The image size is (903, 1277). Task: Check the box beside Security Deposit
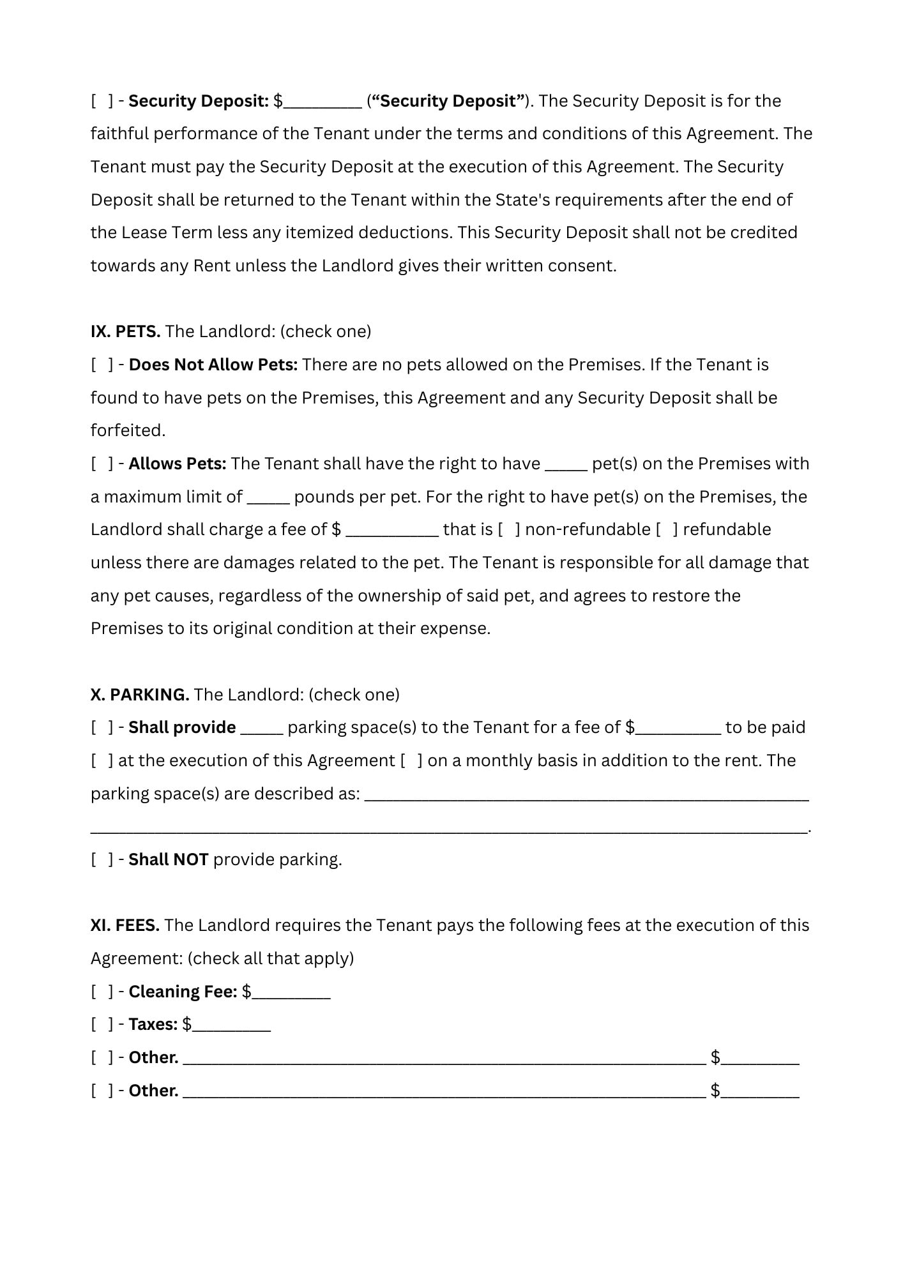[x=102, y=101]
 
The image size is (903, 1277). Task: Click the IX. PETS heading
[x=125, y=331]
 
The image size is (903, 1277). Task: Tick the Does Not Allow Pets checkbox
[x=102, y=365]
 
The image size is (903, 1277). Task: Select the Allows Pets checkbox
[x=102, y=464]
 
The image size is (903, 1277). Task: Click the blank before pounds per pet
[x=268, y=498]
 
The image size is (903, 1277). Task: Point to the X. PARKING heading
[x=140, y=694]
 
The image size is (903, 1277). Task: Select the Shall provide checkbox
[x=102, y=727]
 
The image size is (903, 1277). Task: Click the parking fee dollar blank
[x=678, y=729]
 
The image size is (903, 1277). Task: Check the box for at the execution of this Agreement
[x=102, y=760]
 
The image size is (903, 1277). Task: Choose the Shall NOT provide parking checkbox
[x=102, y=859]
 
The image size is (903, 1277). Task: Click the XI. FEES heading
[x=125, y=925]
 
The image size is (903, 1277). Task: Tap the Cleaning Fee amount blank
[x=291, y=993]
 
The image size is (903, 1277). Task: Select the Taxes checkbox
[x=102, y=1024]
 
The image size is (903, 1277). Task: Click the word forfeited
[x=128, y=430]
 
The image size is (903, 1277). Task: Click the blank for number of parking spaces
[x=261, y=729]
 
